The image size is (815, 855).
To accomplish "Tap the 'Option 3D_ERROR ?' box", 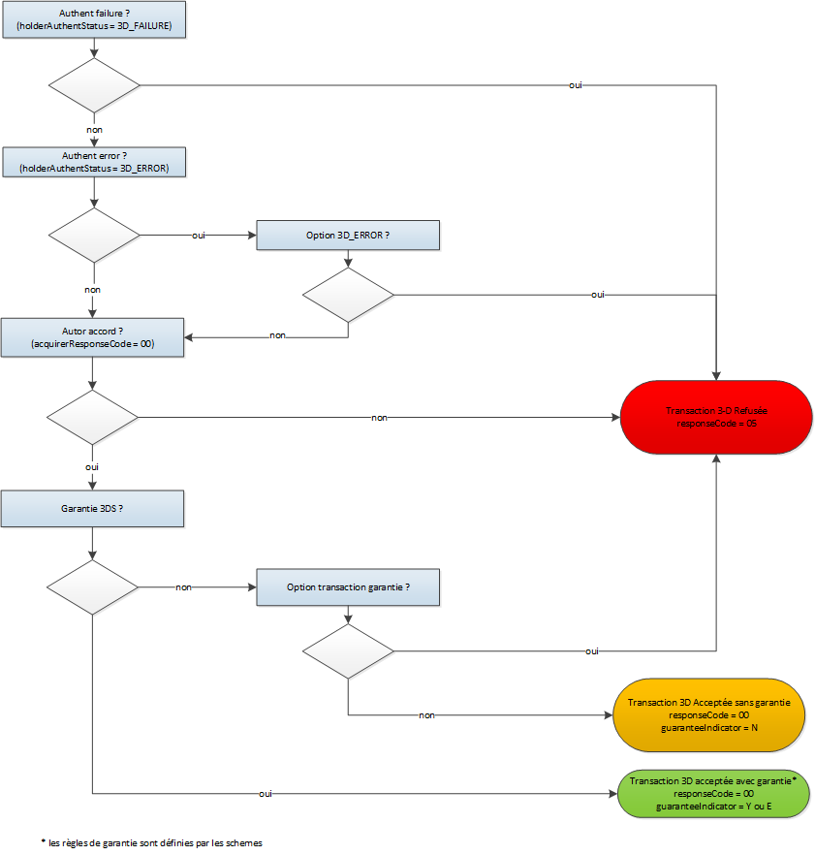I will (348, 236).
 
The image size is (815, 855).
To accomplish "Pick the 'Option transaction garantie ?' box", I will (348, 587).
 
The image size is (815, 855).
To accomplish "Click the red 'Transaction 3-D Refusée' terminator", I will (716, 418).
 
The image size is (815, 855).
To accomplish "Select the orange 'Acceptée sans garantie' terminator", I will (709, 714).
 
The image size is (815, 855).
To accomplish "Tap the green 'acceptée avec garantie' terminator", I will (712, 793).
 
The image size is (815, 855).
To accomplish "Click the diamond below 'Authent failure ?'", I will (94, 85).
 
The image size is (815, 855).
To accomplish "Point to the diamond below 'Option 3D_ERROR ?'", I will (348, 295).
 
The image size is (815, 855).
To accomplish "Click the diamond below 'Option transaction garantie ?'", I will (348, 650).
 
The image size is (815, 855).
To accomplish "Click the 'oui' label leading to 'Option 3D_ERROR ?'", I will (198, 236).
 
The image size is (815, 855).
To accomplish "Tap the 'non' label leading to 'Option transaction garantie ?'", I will (183, 587).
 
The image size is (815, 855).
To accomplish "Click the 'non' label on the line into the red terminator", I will (379, 418).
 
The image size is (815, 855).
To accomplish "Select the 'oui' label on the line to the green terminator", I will (266, 793).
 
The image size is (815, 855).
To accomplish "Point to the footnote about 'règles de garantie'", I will (151, 842).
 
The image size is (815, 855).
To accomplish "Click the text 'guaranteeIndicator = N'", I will (709, 727).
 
